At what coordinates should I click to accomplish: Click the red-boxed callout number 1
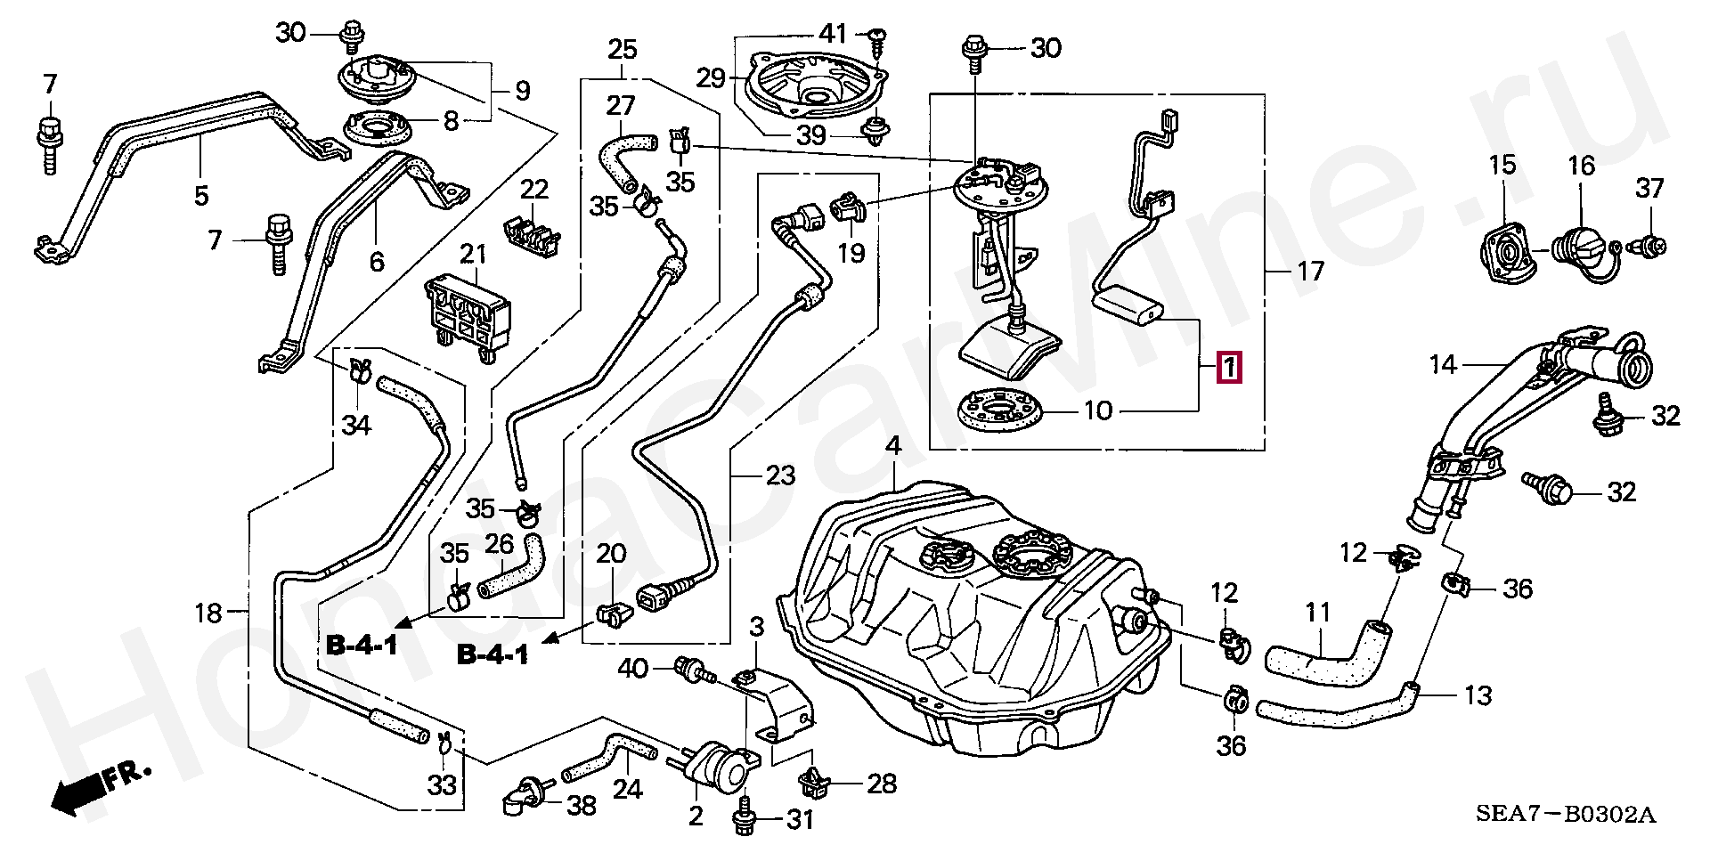tap(1228, 368)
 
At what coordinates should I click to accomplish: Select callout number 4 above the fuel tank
tap(893, 447)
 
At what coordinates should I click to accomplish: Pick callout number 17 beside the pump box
tap(1310, 270)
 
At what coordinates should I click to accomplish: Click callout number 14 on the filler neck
tap(1443, 364)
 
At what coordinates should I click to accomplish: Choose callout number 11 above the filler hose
tap(1317, 613)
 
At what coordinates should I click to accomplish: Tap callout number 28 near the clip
tap(881, 784)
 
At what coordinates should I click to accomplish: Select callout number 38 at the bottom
tap(581, 806)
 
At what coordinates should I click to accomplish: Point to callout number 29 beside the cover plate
tap(712, 78)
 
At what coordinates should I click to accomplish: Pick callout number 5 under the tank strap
tap(201, 194)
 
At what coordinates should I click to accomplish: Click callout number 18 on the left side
tap(208, 613)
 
